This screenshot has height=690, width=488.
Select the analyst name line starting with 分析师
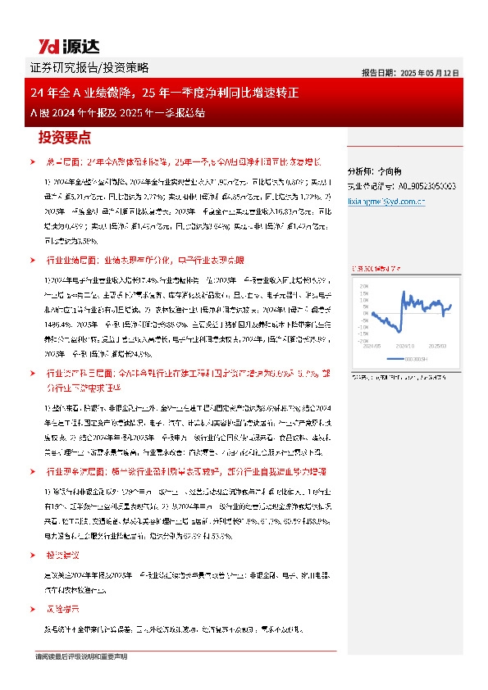click(374, 171)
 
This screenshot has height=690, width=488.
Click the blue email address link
click(381, 200)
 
